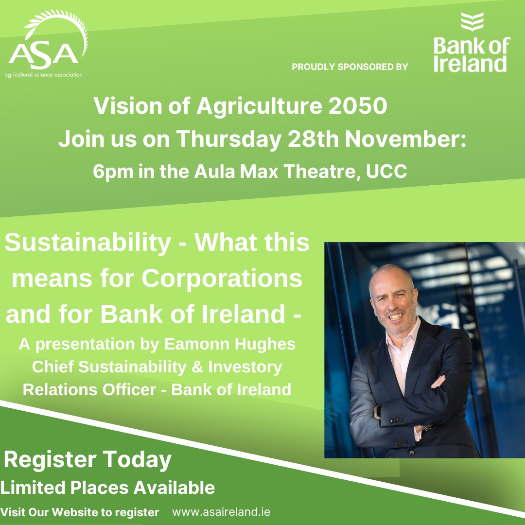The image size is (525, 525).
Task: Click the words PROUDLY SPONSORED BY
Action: (350, 67)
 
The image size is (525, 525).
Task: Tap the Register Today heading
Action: (87, 459)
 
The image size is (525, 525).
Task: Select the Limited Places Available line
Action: (107, 487)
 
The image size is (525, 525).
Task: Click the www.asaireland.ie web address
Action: (221, 512)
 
